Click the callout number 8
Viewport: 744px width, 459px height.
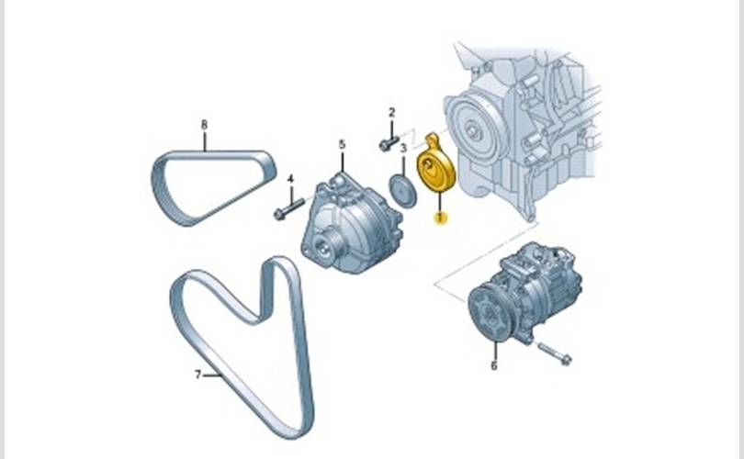click(204, 125)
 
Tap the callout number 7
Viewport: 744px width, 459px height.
click(198, 375)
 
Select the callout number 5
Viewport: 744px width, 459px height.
click(342, 145)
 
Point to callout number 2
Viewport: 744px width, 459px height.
click(391, 113)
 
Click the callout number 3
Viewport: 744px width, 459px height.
click(403, 149)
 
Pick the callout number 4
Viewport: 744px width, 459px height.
click(290, 179)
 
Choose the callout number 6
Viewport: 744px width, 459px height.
click(494, 365)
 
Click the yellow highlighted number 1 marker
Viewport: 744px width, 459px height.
click(441, 218)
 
